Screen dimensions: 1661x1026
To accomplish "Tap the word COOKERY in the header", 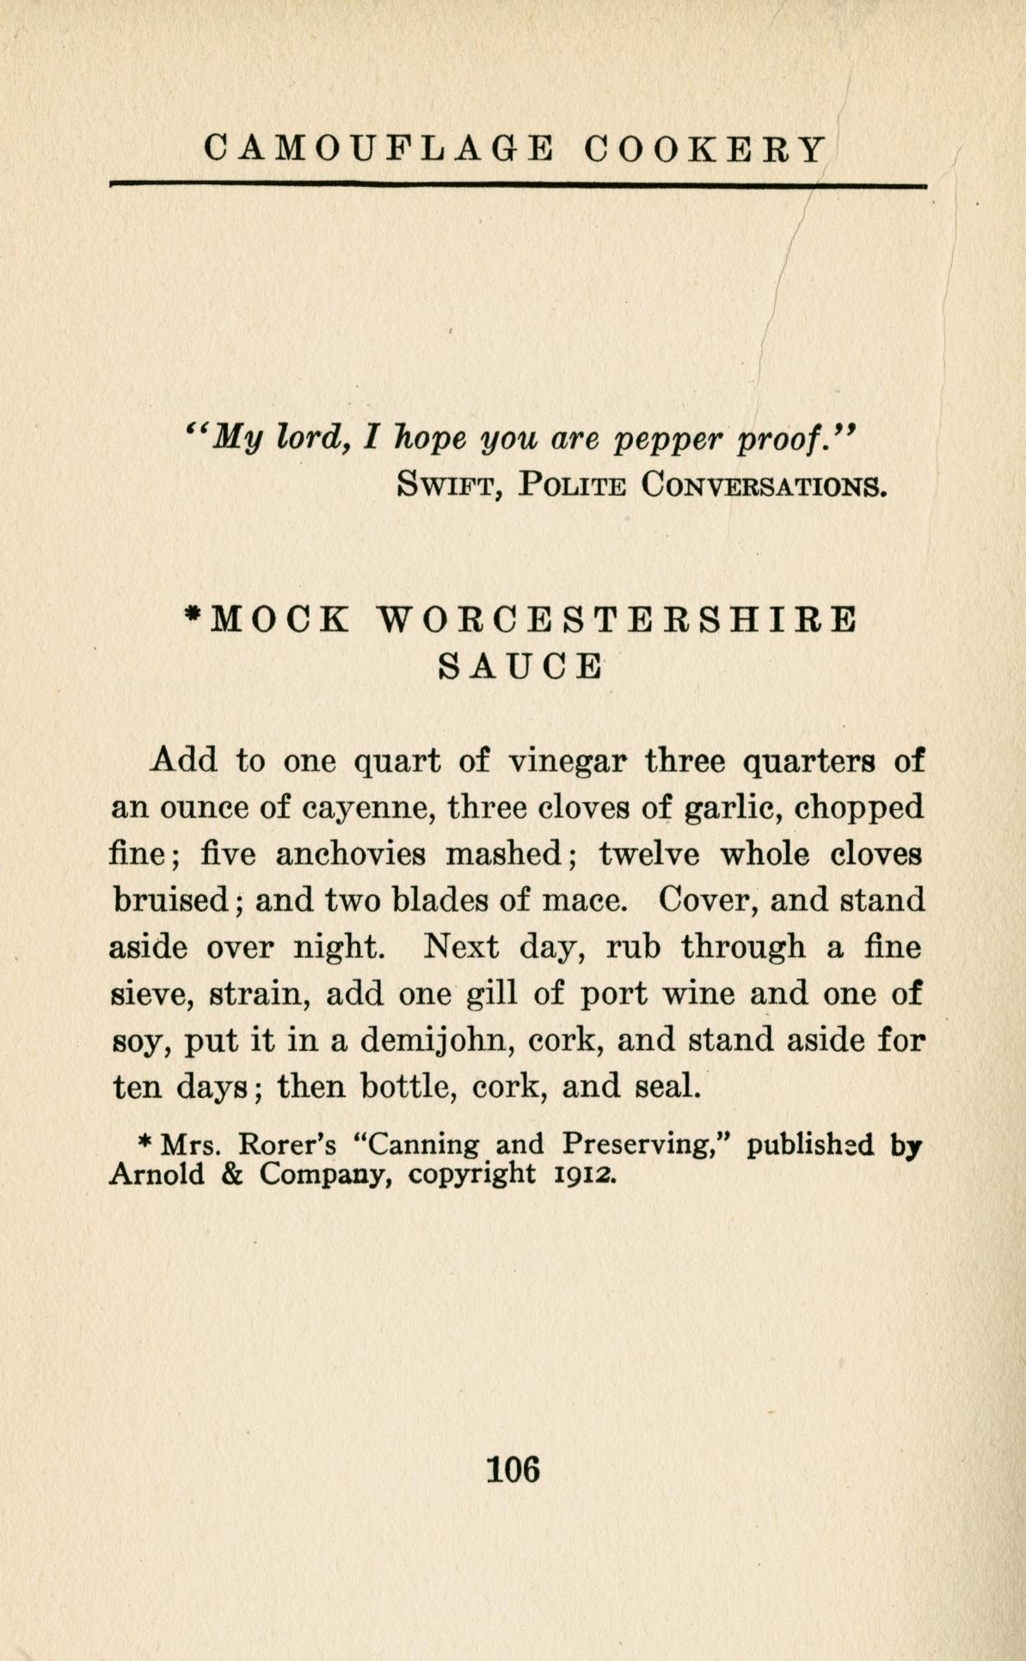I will (704, 149).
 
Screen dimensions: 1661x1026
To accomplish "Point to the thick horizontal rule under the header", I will (519, 184).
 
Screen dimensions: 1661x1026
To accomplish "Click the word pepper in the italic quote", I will (669, 441).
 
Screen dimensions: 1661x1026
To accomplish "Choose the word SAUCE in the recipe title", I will (519, 667).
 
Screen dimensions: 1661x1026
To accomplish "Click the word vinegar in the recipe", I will (567, 762).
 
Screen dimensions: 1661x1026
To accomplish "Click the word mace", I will (581, 901).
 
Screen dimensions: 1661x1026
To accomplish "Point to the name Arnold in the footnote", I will (157, 1174).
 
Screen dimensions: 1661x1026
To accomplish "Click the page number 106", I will (513, 1467).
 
